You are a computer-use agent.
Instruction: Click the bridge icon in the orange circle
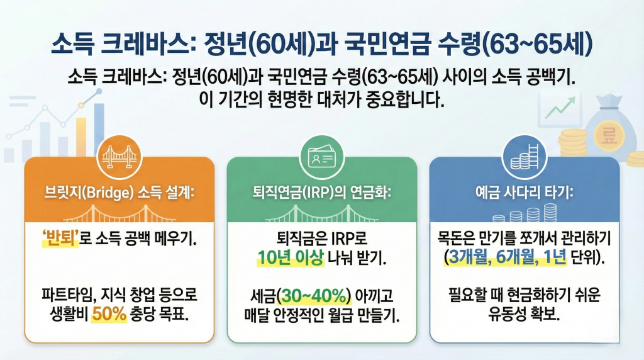[119, 157]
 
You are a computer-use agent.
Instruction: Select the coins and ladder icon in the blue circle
[525, 157]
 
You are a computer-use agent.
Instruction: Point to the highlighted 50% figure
[109, 314]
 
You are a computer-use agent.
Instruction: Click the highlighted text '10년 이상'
[291, 257]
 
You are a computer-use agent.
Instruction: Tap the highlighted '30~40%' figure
[314, 295]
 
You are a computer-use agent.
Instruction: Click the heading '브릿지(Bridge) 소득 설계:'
[119, 193]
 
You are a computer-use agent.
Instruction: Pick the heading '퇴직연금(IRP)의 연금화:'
[322, 192]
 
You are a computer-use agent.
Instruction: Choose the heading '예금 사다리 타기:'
[525, 192]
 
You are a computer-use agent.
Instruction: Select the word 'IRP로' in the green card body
[349, 239]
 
